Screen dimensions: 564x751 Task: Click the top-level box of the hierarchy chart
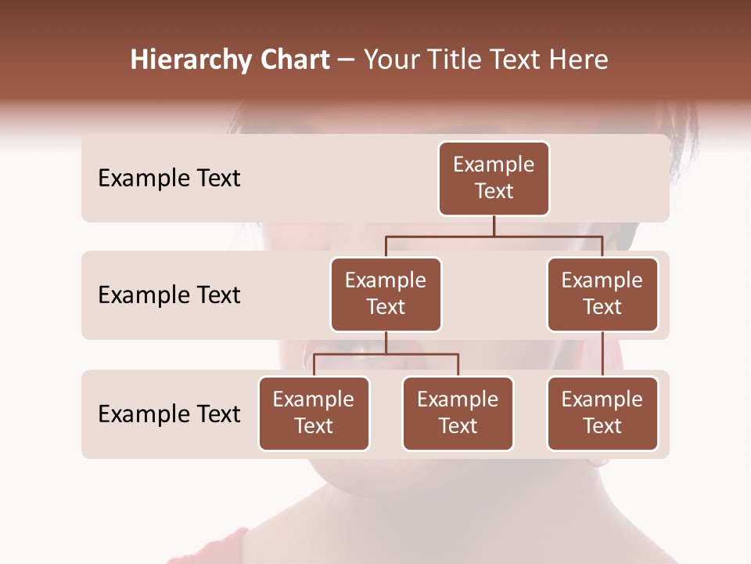tap(494, 178)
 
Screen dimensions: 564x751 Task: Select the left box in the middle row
tap(386, 294)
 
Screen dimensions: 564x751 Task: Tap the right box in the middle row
tap(602, 294)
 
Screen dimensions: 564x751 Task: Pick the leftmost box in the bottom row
tap(314, 413)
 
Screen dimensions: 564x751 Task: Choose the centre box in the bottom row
tap(458, 413)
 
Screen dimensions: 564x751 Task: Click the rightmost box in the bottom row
tap(602, 413)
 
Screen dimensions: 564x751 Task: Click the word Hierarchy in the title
tap(187, 60)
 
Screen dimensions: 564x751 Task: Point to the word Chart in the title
tap(291, 60)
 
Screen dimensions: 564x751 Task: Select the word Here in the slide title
tap(579, 60)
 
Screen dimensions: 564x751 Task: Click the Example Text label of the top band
tap(169, 178)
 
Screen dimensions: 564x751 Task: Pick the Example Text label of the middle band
tap(169, 295)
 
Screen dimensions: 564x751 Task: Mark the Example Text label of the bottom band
tap(169, 414)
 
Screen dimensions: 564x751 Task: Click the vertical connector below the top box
tap(494, 226)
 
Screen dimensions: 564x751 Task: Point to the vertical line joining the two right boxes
tap(602, 353)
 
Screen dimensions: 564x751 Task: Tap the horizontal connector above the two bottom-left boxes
tap(386, 354)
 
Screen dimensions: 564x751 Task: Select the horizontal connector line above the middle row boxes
tap(494, 236)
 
